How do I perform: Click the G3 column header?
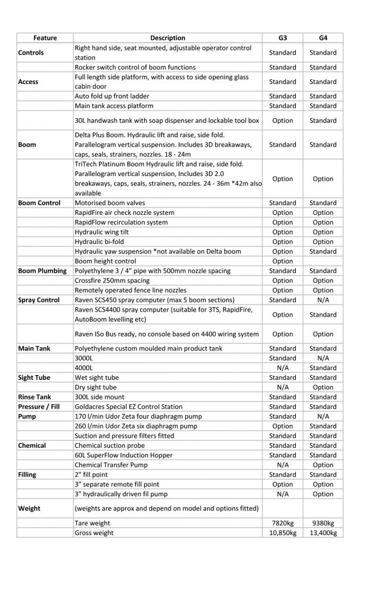[x=282, y=38]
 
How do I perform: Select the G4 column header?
[x=323, y=38]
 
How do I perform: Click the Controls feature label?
[x=31, y=53]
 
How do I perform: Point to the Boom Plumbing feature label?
[x=42, y=270]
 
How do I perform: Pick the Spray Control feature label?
[x=40, y=300]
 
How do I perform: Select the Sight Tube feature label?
[x=35, y=378]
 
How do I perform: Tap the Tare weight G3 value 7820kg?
[x=282, y=523]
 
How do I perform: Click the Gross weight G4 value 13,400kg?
[x=323, y=533]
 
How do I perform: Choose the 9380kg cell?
[x=323, y=523]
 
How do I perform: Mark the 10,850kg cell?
[x=282, y=533]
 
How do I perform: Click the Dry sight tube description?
[x=95, y=387]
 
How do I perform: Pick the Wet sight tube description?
[x=97, y=378]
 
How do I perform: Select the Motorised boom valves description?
[x=110, y=203]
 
